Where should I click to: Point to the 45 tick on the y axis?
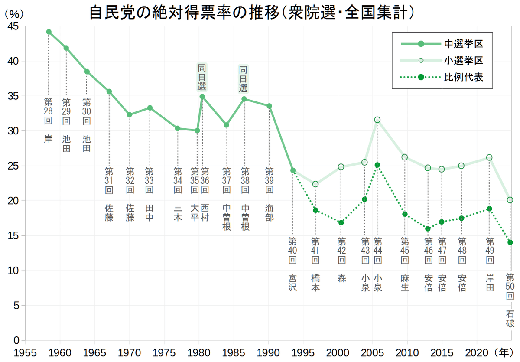[13, 26]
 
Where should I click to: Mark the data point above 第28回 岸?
[49, 32]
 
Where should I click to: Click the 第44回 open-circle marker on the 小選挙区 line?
[377, 120]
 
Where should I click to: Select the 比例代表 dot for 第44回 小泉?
[377, 165]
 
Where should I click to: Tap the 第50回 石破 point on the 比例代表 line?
[510, 242]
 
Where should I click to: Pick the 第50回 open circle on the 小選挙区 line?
[510, 200]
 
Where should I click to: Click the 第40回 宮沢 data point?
[293, 170]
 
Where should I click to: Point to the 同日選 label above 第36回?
[202, 77]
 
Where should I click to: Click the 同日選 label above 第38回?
[244, 78]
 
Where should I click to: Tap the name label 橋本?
[315, 282]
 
